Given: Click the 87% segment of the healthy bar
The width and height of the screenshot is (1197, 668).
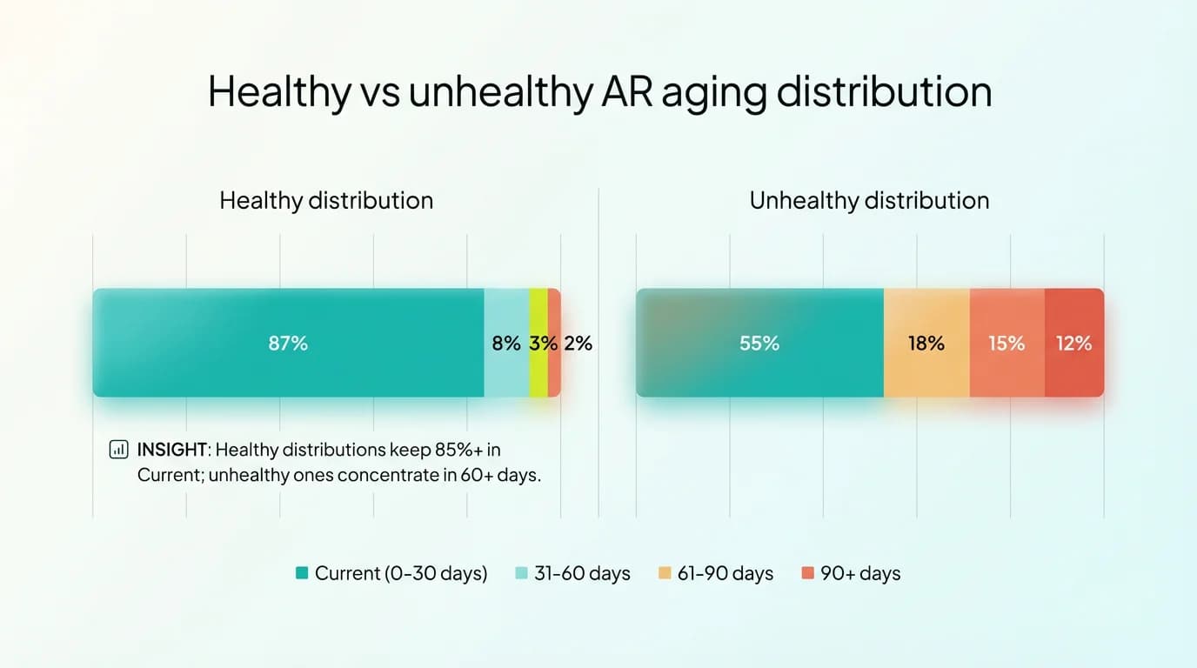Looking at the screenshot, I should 288,343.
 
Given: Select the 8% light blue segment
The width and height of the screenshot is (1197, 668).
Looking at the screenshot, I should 506,343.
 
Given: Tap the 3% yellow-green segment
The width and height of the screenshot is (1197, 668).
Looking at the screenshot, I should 538,343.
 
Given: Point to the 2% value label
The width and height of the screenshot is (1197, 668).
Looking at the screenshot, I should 578,343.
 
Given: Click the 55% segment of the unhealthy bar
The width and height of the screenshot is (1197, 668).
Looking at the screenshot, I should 759,343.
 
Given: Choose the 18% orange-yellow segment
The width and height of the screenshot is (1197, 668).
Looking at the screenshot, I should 926,343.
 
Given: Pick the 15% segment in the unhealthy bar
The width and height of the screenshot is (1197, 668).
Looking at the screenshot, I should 1006,343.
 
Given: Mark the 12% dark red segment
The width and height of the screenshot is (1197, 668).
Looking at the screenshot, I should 1074,343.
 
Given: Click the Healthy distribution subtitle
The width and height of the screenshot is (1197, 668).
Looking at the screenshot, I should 326,201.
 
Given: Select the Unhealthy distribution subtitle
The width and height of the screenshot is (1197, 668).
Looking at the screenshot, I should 869,201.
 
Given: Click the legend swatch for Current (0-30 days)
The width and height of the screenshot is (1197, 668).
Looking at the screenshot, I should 303,573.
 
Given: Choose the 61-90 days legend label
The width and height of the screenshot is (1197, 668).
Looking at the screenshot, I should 726,573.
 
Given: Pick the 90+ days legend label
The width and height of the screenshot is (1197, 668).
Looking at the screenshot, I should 860,573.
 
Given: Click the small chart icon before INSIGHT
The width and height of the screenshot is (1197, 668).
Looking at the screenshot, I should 117,450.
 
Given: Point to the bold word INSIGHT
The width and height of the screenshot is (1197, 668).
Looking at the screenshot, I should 172,450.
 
